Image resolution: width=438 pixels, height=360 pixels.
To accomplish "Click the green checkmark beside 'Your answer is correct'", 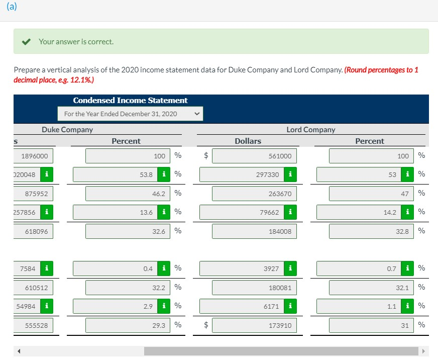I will click(27, 41).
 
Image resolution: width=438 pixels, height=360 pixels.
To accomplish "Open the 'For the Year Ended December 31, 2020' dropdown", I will click(131, 114).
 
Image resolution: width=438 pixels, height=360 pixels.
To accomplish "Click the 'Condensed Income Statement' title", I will click(130, 100).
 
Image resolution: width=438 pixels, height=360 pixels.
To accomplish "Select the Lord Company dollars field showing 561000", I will click(254, 156).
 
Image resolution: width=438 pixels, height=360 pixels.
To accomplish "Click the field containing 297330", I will click(242, 174).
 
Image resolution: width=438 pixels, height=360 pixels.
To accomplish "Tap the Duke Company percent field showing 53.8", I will click(115, 174).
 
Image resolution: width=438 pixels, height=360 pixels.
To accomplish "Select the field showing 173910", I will click(254, 325).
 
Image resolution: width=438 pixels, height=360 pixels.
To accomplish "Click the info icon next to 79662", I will click(290, 212).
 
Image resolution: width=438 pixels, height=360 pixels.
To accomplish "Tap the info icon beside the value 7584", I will click(46, 268).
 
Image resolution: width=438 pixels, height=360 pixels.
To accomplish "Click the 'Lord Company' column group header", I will click(310, 129).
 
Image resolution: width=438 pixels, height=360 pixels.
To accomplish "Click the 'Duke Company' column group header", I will click(67, 129).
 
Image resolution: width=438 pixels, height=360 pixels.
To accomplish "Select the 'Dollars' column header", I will click(248, 141).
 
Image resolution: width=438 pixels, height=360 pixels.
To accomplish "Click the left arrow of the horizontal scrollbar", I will click(21, 351).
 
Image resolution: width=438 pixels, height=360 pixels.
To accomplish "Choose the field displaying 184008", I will click(254, 231).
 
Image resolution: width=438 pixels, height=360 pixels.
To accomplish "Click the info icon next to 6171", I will click(290, 306).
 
